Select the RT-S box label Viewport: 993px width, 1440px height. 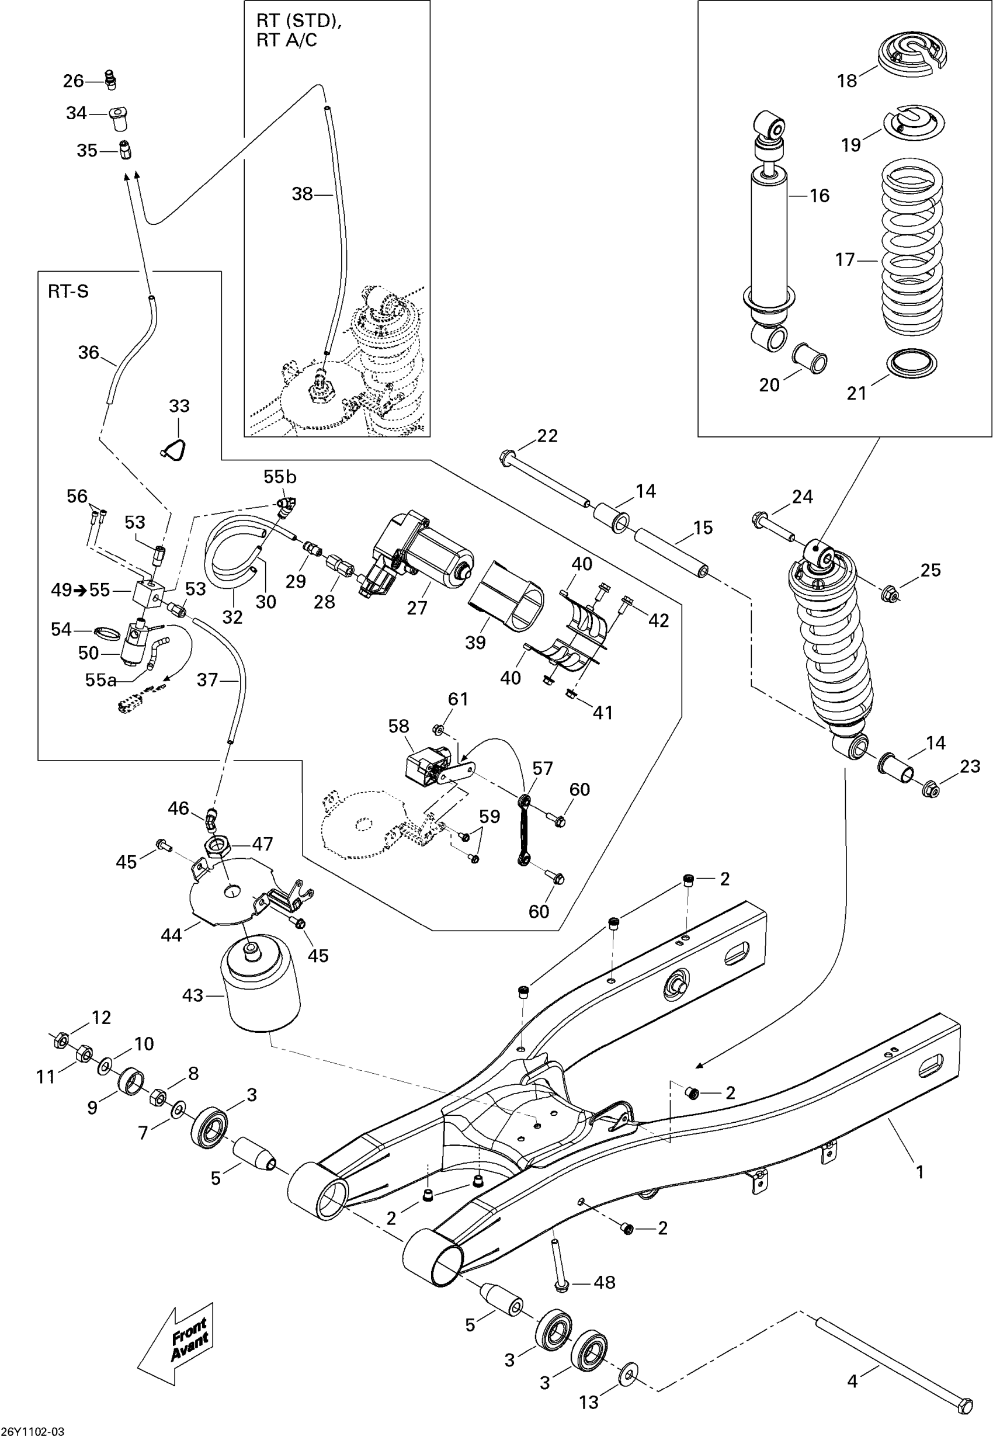click(68, 292)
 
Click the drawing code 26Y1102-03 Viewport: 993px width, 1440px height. click(32, 1432)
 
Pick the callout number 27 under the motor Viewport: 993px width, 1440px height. click(417, 607)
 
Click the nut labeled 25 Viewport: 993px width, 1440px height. click(890, 595)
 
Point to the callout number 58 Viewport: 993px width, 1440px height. click(398, 727)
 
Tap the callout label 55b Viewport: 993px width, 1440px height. click(279, 477)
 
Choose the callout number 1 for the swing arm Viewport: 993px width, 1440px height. click(919, 1172)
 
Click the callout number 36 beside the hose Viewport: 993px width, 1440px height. click(88, 352)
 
